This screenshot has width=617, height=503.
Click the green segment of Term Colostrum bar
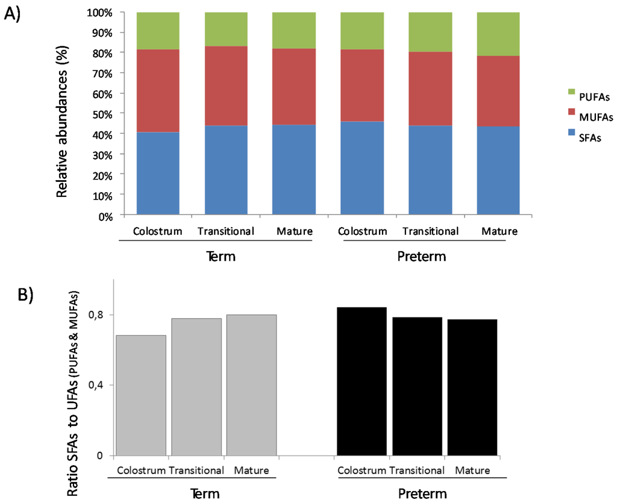point(158,31)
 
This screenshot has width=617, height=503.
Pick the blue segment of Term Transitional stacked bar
point(226,169)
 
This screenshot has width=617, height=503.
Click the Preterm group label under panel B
point(422,494)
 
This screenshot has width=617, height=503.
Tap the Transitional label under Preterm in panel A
point(430,231)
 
